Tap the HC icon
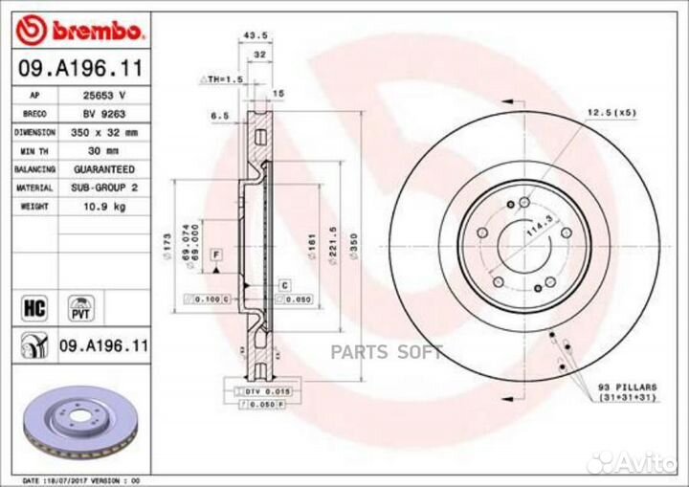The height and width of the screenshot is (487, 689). click(33, 307)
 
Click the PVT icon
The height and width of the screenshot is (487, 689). click(80, 308)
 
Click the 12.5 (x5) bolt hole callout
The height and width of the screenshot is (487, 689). click(611, 113)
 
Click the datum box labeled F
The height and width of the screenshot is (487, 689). click(216, 253)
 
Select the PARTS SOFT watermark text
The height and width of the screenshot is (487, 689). click(387, 352)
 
